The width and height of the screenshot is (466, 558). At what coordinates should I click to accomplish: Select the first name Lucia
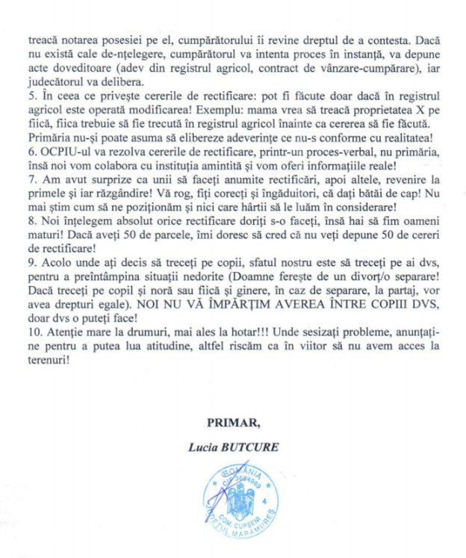pos(205,447)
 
